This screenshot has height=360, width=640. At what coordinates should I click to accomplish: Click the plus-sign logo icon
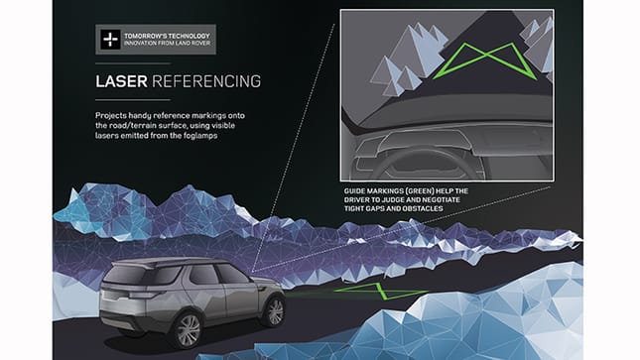[109, 41]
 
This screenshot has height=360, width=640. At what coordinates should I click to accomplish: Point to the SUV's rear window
[133, 277]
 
